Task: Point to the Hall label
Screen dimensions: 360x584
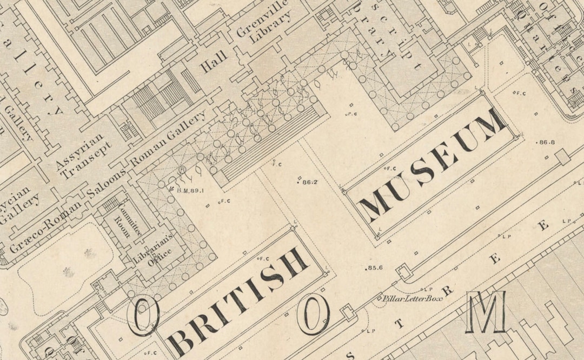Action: (214, 61)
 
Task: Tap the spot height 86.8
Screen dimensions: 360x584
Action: (547, 142)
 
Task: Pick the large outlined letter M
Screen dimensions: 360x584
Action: (486, 312)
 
